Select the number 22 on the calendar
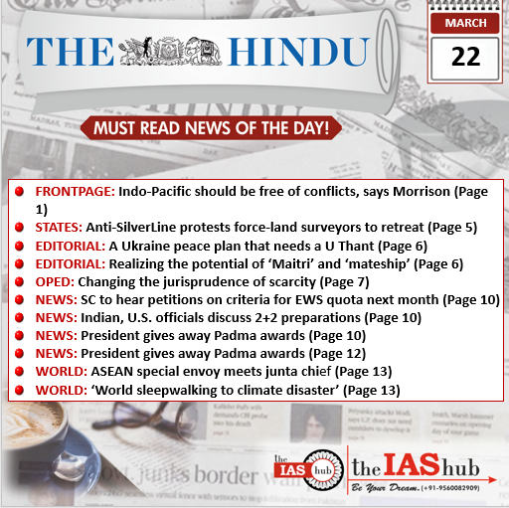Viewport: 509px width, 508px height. pos(464,57)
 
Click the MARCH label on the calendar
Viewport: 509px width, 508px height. pos(464,22)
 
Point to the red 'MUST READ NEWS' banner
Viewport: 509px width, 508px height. pos(211,128)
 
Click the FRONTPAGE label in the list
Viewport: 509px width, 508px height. pos(75,189)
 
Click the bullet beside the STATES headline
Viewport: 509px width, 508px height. pos(19,228)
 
